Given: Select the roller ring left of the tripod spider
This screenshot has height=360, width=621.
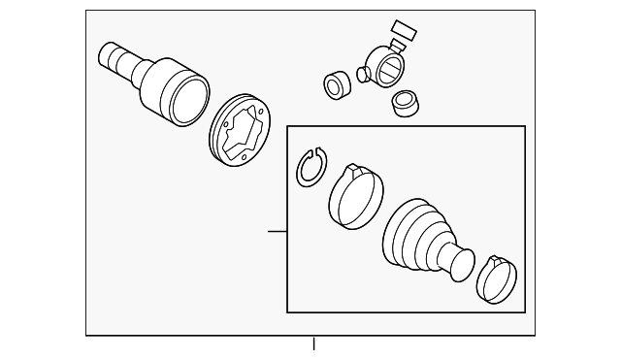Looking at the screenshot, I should point(337,85).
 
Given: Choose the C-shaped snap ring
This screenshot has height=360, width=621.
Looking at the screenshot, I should point(311,168).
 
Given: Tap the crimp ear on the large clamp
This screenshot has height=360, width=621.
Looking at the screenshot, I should point(353,171).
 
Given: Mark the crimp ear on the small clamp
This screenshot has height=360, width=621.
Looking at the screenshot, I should point(498,262).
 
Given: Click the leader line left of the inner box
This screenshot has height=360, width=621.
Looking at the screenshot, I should point(277,231).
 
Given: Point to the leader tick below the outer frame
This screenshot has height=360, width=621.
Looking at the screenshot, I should point(313,344).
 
